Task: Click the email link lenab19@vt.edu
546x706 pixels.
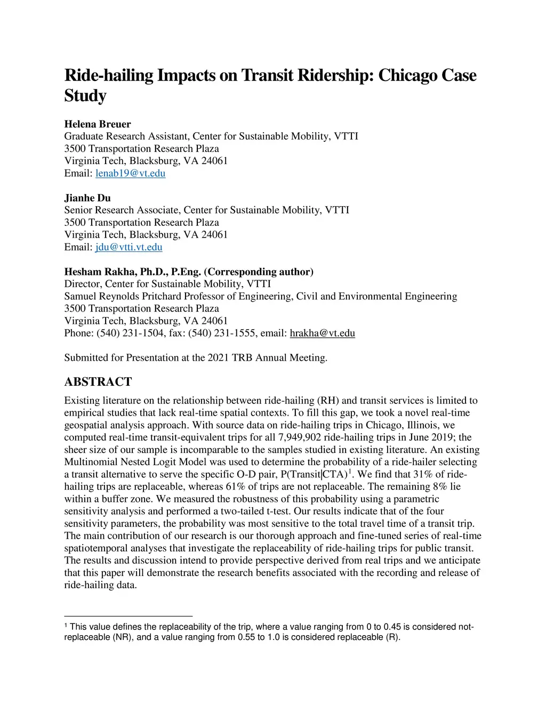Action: pos(130,173)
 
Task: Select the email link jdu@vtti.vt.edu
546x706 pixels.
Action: pos(129,247)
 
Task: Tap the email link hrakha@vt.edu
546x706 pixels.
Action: pos(322,334)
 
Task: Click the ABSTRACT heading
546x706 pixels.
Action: pos(98,382)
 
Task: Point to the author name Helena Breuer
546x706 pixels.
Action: pos(98,124)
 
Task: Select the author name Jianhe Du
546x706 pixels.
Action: pos(87,198)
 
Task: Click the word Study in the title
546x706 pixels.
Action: pos(85,96)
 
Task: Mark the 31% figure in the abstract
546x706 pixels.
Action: pos(423,474)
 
